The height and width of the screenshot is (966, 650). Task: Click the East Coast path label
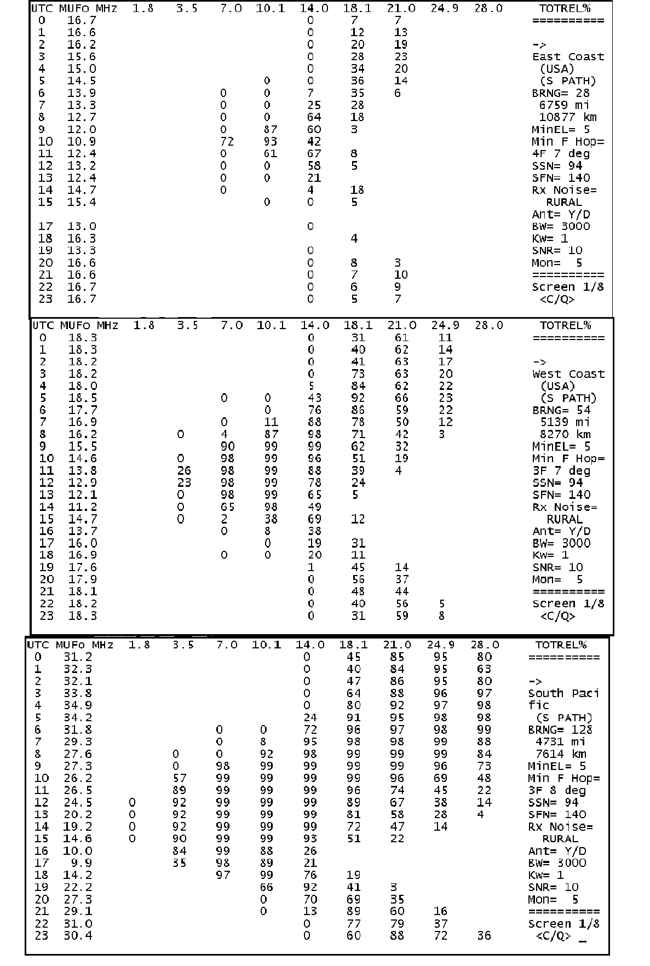coord(568,57)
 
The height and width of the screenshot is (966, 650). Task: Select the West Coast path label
coord(568,374)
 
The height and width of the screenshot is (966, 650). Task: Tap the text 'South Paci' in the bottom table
coord(563,693)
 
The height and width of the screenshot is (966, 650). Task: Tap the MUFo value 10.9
coord(82,141)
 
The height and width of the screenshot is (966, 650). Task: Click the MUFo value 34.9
coord(77,705)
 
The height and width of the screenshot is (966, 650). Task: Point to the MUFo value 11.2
coord(83,507)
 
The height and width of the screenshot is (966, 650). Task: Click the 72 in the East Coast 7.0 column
coord(226,141)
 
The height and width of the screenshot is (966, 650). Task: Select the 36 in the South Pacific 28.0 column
coord(484,935)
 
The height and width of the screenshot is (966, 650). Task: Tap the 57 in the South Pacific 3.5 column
coord(179,778)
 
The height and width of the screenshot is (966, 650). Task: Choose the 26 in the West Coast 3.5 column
coord(184,470)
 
